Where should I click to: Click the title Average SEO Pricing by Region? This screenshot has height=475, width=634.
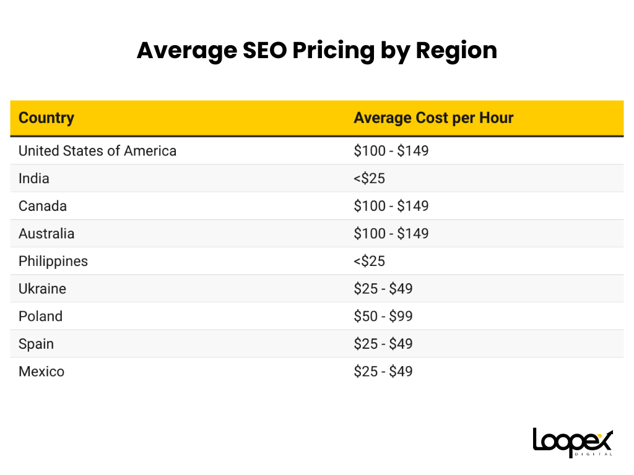[316, 50]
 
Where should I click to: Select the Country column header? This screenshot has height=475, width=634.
[46, 118]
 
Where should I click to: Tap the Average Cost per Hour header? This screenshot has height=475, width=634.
[433, 118]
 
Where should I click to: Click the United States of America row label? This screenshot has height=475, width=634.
[97, 151]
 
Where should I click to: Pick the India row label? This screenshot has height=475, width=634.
[34, 179]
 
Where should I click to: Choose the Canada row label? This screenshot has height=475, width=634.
[43, 206]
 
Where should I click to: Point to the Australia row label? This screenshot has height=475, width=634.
[46, 234]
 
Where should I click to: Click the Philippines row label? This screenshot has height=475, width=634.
[53, 262]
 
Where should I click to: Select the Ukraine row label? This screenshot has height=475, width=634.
[42, 289]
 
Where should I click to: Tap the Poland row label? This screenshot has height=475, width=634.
[40, 317]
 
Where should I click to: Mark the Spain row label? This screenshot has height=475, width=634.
[36, 344]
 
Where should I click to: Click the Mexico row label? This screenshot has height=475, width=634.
[41, 372]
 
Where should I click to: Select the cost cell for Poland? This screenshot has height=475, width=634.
[383, 317]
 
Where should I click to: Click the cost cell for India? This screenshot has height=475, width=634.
[369, 179]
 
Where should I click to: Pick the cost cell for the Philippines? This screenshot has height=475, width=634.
[369, 262]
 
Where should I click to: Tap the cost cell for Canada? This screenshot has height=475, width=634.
[391, 206]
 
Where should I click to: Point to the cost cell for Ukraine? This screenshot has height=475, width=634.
[383, 289]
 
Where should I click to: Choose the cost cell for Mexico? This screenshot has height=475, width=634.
[383, 372]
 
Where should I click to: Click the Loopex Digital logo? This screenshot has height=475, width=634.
[573, 442]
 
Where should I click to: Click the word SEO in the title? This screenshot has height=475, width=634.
[259, 50]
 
